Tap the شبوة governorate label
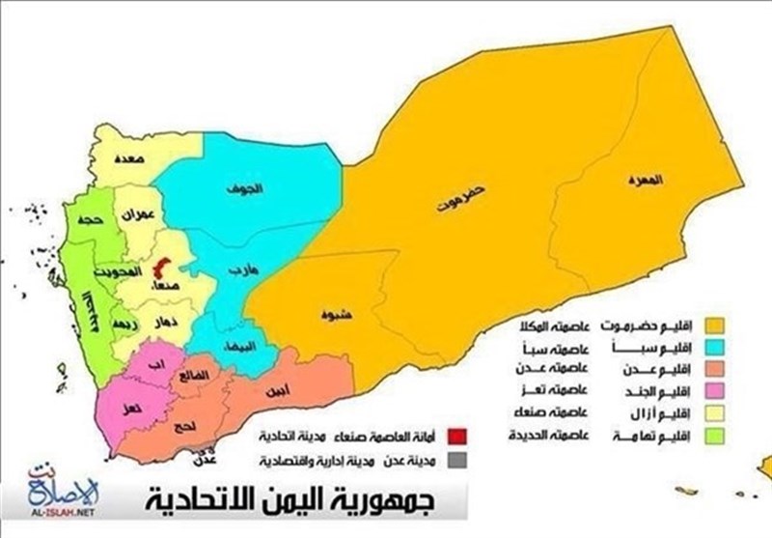(x=333, y=314)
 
